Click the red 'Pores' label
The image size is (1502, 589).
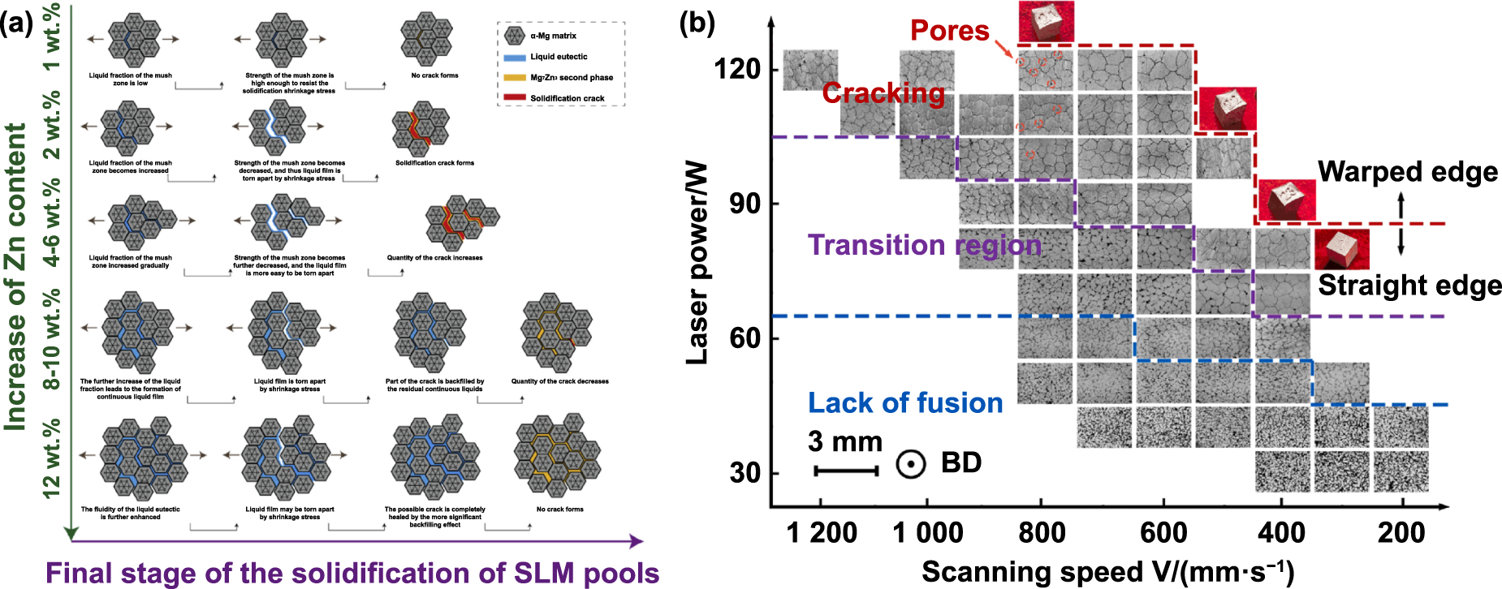point(949,31)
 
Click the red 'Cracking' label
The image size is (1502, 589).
point(883,93)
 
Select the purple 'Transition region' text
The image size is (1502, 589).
point(924,245)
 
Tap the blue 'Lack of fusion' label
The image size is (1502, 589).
point(905,403)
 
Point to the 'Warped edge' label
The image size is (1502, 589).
point(1407,172)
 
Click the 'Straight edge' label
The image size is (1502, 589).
point(1409,286)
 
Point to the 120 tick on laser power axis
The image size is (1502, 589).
point(737,69)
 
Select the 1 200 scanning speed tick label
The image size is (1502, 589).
point(822,533)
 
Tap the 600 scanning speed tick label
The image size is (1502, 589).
point(1163,533)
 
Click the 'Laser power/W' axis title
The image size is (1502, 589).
point(697,264)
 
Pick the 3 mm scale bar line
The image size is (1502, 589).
point(846,471)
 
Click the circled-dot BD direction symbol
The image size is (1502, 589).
point(911,464)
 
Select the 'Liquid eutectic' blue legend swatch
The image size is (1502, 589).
point(515,58)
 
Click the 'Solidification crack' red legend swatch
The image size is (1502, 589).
point(515,98)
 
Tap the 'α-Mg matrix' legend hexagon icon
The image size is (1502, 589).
point(514,36)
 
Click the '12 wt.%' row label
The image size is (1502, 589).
point(52,457)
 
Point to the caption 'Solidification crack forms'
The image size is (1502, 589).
point(434,163)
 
